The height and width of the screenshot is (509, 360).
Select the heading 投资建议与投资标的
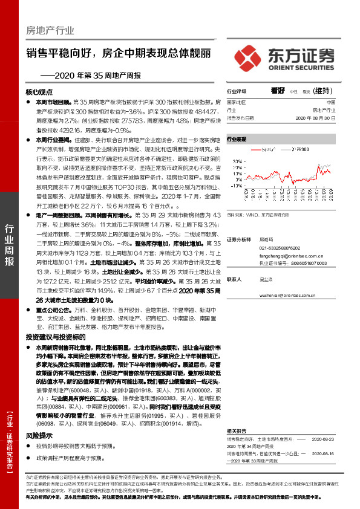pyautogui.click(x=52, y=336)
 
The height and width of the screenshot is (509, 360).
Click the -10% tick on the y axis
pyautogui.click(x=237, y=186)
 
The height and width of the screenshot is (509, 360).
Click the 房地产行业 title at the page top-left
pyautogui.click(x=50, y=30)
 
